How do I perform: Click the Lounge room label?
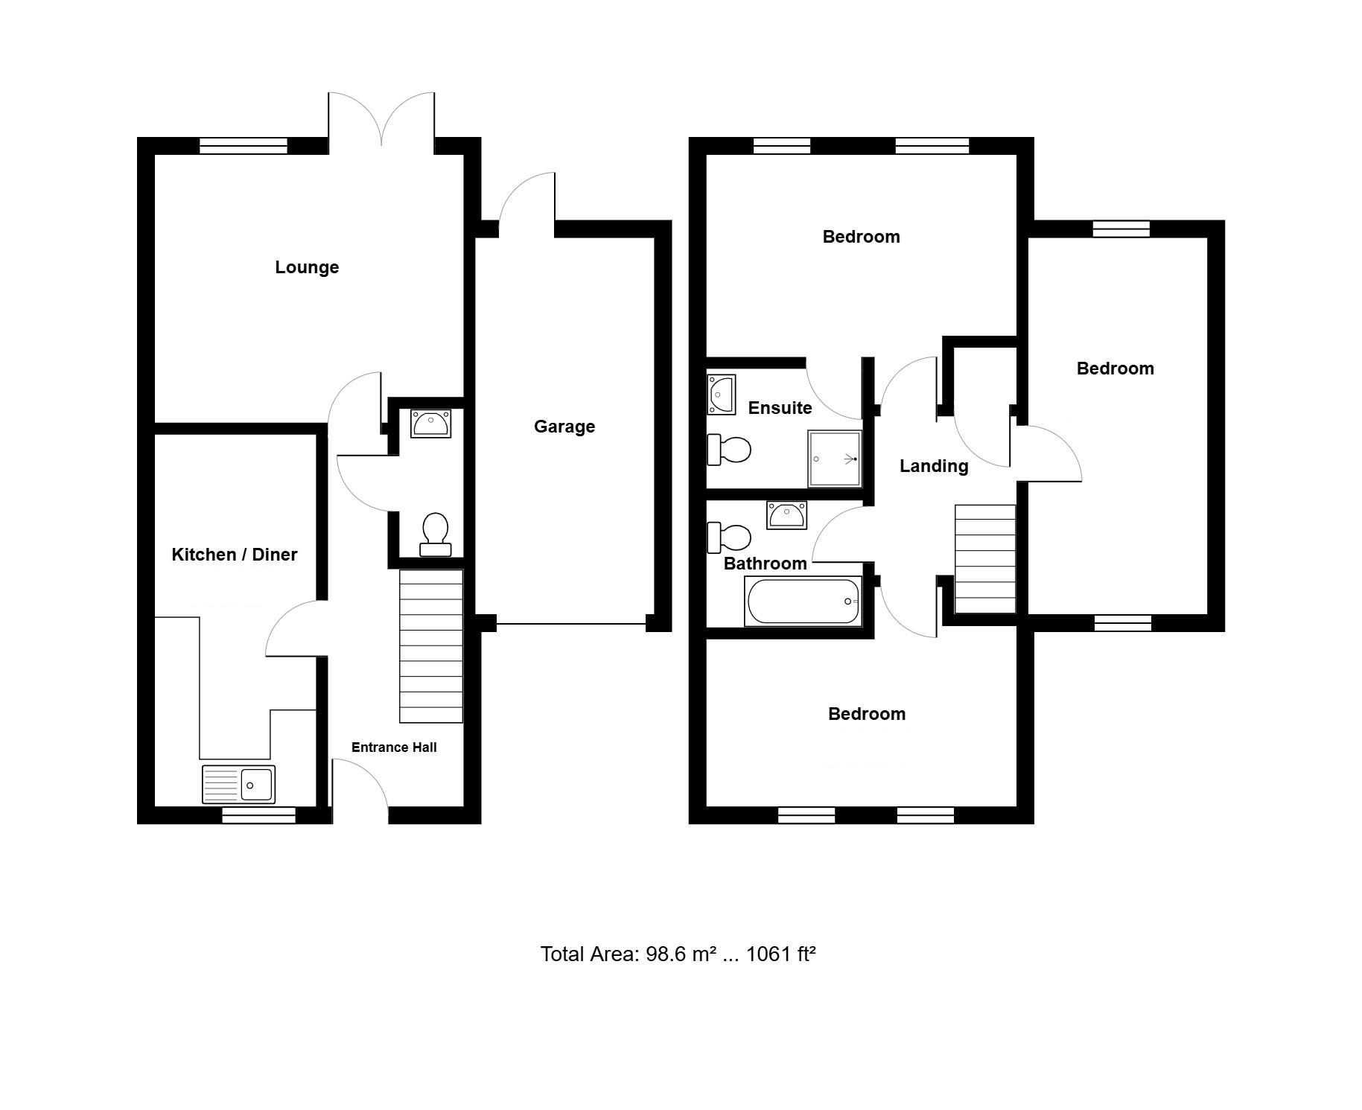pos(307,267)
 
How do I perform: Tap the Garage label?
pos(564,427)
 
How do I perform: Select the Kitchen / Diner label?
pos(235,555)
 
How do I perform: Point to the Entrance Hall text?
pos(394,747)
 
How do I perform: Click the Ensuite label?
pos(780,408)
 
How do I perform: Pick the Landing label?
pos(934,466)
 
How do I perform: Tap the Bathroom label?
pos(765,564)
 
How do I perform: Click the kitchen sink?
pos(238,784)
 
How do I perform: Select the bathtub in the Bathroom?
pos(803,602)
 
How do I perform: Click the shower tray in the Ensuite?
pos(834,459)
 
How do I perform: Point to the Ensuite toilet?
pos(729,450)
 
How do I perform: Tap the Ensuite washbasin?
pos(721,395)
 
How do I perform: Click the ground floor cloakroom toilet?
pos(436,535)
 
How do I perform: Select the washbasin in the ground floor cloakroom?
pos(431,424)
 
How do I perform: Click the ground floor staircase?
pos(431,646)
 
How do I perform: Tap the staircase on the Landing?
pos(985,559)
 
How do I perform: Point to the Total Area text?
pos(678,954)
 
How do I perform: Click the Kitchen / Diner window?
pos(259,816)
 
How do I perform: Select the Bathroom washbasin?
pos(787,515)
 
